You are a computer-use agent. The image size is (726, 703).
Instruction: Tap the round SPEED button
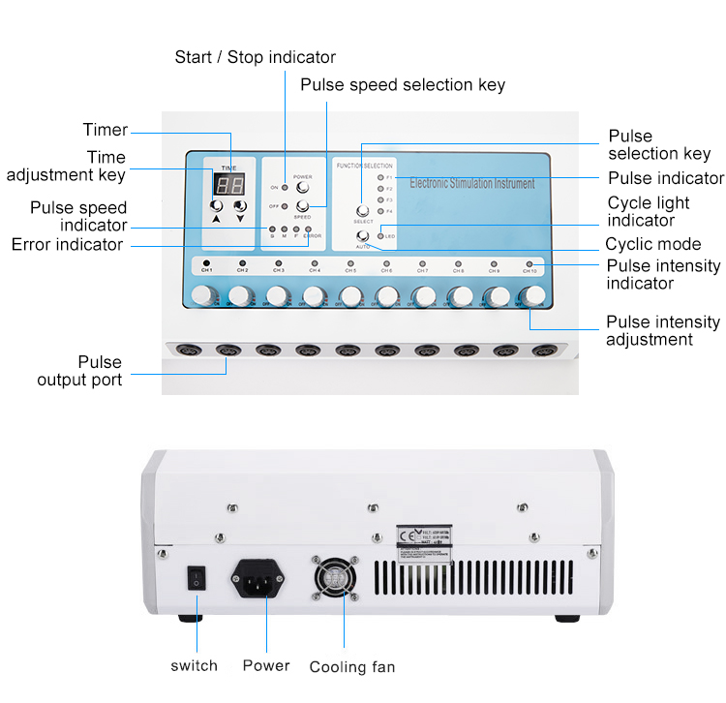point(302,206)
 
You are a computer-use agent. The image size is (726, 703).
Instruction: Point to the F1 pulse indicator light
point(380,178)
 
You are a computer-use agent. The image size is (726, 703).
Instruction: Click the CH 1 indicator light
point(205,263)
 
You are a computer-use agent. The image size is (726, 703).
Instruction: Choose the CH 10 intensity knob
point(530,295)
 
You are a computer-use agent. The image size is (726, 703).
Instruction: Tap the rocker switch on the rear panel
point(197,580)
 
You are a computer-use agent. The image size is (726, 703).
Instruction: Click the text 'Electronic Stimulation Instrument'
point(470,182)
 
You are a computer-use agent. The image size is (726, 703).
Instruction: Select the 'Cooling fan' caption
point(351,667)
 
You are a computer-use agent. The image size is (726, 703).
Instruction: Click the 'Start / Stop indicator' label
point(255,57)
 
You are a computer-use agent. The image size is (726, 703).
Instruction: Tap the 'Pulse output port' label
point(79,372)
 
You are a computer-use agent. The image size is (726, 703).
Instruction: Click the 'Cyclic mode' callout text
point(653,244)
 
